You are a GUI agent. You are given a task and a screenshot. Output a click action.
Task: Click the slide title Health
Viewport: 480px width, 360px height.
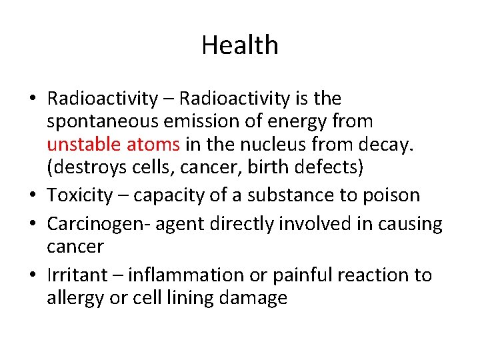click(240, 45)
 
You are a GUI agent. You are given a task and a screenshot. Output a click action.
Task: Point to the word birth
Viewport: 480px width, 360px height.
click(267, 167)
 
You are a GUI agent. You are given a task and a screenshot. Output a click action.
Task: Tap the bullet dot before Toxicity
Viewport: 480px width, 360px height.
click(33, 196)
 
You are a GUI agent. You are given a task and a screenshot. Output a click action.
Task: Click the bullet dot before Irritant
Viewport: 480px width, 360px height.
click(33, 275)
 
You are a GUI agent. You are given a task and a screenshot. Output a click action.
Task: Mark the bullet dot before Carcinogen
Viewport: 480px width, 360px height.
click(33, 225)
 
